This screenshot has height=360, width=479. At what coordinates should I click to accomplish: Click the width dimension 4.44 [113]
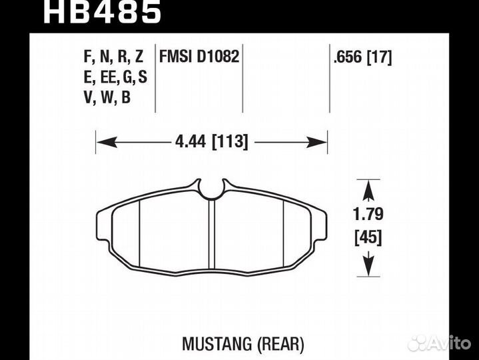(x=211, y=142)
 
